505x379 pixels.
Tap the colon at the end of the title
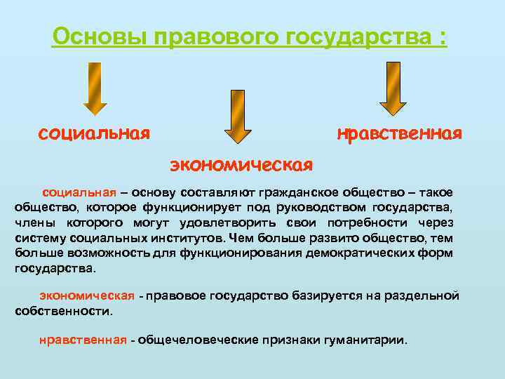[x=442, y=36]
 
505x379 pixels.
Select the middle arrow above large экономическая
[x=238, y=115]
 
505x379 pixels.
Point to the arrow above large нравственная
[x=392, y=88]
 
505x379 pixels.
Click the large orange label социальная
[x=95, y=133]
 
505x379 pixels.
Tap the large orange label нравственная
[x=399, y=133]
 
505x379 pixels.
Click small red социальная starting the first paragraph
[x=79, y=192]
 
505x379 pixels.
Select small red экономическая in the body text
[x=87, y=295]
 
